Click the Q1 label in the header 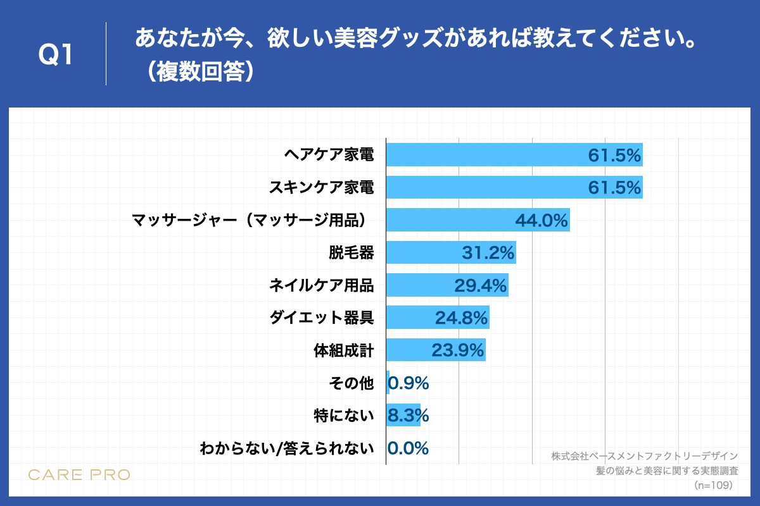(x=56, y=55)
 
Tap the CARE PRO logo (x=79, y=474)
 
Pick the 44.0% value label (x=541, y=220)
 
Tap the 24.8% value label (x=461, y=318)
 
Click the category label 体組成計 (x=344, y=350)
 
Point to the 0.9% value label (x=408, y=383)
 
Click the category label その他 (x=351, y=383)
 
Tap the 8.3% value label (x=408, y=416)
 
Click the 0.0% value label (x=408, y=448)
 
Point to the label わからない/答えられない (x=286, y=448)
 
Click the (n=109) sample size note (x=713, y=485)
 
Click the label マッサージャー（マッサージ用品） (x=252, y=220)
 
